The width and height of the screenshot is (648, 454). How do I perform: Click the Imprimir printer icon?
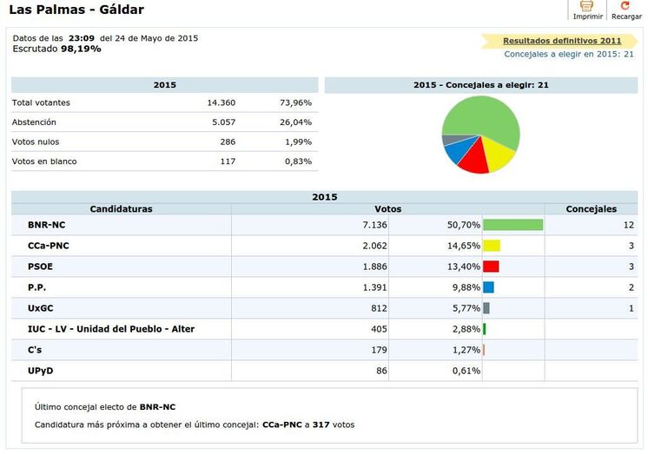(x=587, y=7)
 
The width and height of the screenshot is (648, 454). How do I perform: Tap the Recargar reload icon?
(x=625, y=7)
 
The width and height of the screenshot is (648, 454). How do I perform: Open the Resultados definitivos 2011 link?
(x=562, y=41)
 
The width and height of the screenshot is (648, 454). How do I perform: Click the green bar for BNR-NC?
(x=512, y=225)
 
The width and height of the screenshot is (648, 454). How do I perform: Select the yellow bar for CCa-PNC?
(x=492, y=246)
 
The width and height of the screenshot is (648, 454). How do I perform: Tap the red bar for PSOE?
(x=491, y=266)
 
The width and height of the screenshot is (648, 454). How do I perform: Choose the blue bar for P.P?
(x=488, y=287)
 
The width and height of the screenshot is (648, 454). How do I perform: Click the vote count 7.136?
(x=388, y=225)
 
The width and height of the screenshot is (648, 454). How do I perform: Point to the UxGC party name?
(x=41, y=308)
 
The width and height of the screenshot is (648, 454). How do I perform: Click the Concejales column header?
(x=591, y=209)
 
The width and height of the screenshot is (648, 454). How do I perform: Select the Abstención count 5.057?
(x=222, y=122)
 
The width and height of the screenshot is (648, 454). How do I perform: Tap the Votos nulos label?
(x=36, y=141)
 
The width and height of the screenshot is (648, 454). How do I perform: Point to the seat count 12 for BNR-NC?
(x=628, y=225)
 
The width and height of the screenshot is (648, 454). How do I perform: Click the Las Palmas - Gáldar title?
(x=76, y=10)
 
